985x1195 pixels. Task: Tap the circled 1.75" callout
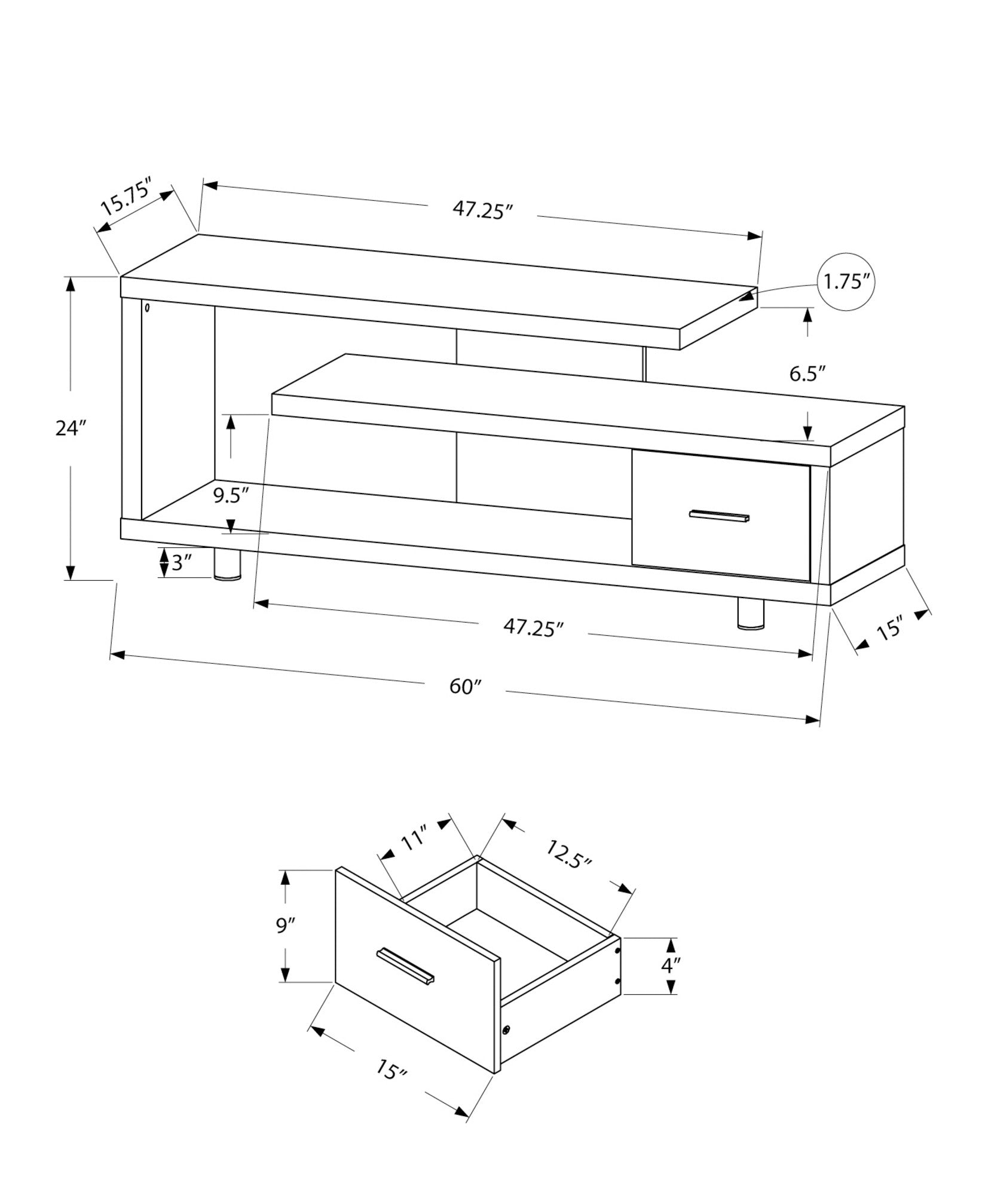[845, 282]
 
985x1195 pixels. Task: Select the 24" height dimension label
[71, 428]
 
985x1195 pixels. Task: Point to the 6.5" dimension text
[807, 374]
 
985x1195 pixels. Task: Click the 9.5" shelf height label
[231, 496]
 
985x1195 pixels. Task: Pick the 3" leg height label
[181, 563]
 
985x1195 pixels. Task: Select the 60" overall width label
[466, 687]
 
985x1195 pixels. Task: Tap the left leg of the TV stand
[227, 565]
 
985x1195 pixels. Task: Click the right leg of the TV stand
[751, 614]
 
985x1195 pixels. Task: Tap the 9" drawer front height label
[286, 926]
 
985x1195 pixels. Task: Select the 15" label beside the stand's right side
[889, 630]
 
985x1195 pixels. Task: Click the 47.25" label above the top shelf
[483, 210]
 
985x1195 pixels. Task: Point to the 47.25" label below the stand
[534, 627]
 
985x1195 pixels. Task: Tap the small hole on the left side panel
[147, 309]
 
